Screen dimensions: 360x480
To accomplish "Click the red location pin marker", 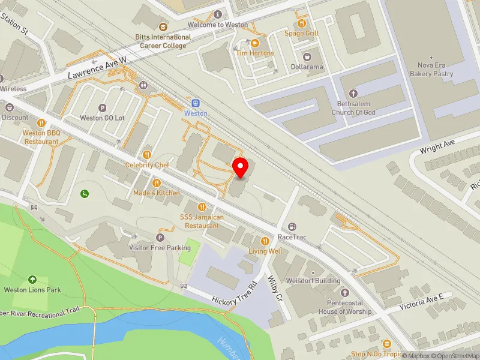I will click(241, 168).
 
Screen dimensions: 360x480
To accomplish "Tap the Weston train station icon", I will click(195, 103).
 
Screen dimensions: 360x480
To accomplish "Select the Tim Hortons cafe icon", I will click(254, 43).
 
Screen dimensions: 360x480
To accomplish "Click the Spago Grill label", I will click(301, 33).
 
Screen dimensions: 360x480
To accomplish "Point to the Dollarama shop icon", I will click(307, 56).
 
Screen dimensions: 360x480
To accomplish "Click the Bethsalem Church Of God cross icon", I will click(353, 94).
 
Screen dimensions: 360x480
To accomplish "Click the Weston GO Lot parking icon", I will click(102, 109).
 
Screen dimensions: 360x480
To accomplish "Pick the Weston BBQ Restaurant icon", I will click(41, 123).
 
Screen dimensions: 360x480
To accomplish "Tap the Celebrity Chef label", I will click(147, 165).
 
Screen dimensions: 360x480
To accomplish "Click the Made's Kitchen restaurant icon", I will click(157, 183).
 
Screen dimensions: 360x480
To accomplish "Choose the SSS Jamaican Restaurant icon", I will click(202, 207).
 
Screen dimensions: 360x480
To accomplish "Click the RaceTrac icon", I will click(292, 227).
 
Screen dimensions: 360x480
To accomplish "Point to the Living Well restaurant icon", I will click(265, 241).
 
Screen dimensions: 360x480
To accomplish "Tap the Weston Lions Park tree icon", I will click(32, 280).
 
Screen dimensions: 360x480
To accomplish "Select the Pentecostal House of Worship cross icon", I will click(344, 293).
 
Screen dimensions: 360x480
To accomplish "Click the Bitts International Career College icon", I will click(163, 26).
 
